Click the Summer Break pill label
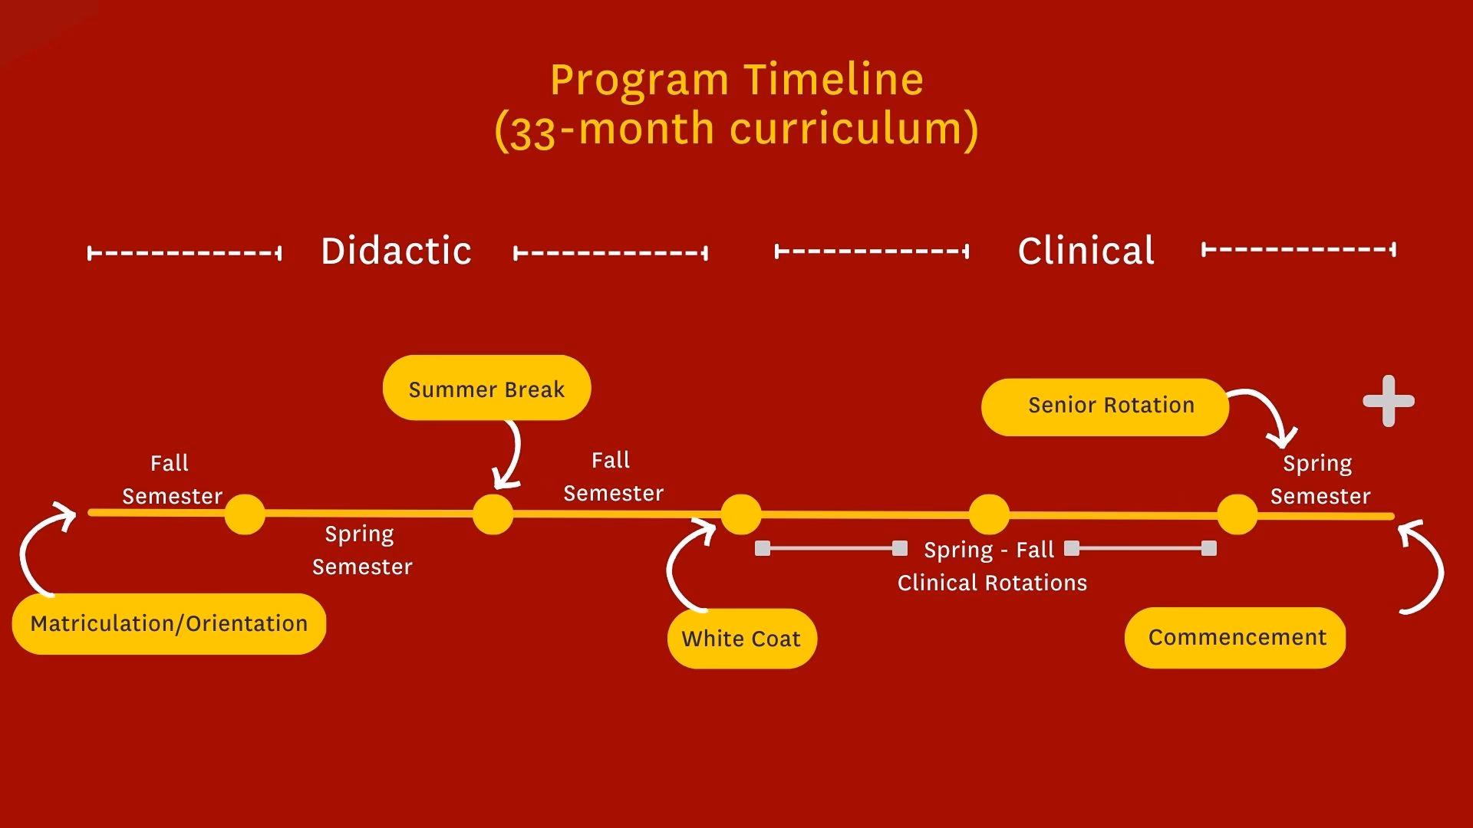(x=486, y=389)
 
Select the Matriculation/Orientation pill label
(x=169, y=623)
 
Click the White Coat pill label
(x=741, y=639)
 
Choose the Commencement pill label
(x=1236, y=637)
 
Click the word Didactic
(x=396, y=251)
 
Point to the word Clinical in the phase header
(x=1086, y=251)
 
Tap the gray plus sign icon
(x=1389, y=401)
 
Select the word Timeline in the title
(x=834, y=79)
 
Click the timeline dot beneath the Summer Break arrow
(x=493, y=514)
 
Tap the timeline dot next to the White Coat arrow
(x=740, y=514)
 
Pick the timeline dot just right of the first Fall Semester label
(x=245, y=514)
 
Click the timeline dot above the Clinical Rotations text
(x=989, y=514)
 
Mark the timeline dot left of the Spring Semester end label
(x=1237, y=514)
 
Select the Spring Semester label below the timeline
(x=361, y=550)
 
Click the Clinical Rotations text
(x=992, y=583)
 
